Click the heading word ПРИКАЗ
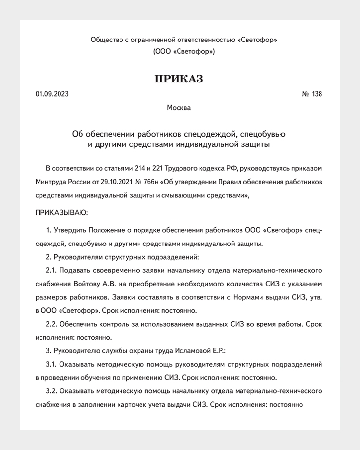(x=179, y=79)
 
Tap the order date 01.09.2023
(x=52, y=94)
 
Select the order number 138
(x=317, y=94)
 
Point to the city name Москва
(x=179, y=108)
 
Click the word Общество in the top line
(x=106, y=40)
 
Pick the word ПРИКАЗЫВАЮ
(x=61, y=212)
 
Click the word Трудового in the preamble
(x=193, y=169)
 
